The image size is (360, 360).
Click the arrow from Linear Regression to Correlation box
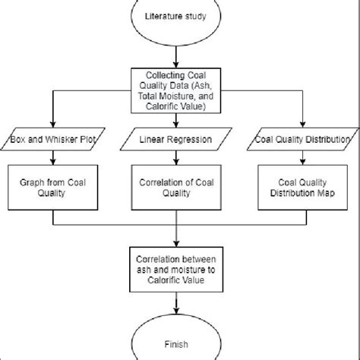pyautogui.click(x=180, y=158)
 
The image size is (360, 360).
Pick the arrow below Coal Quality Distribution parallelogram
pyautogui.click(x=305, y=158)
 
